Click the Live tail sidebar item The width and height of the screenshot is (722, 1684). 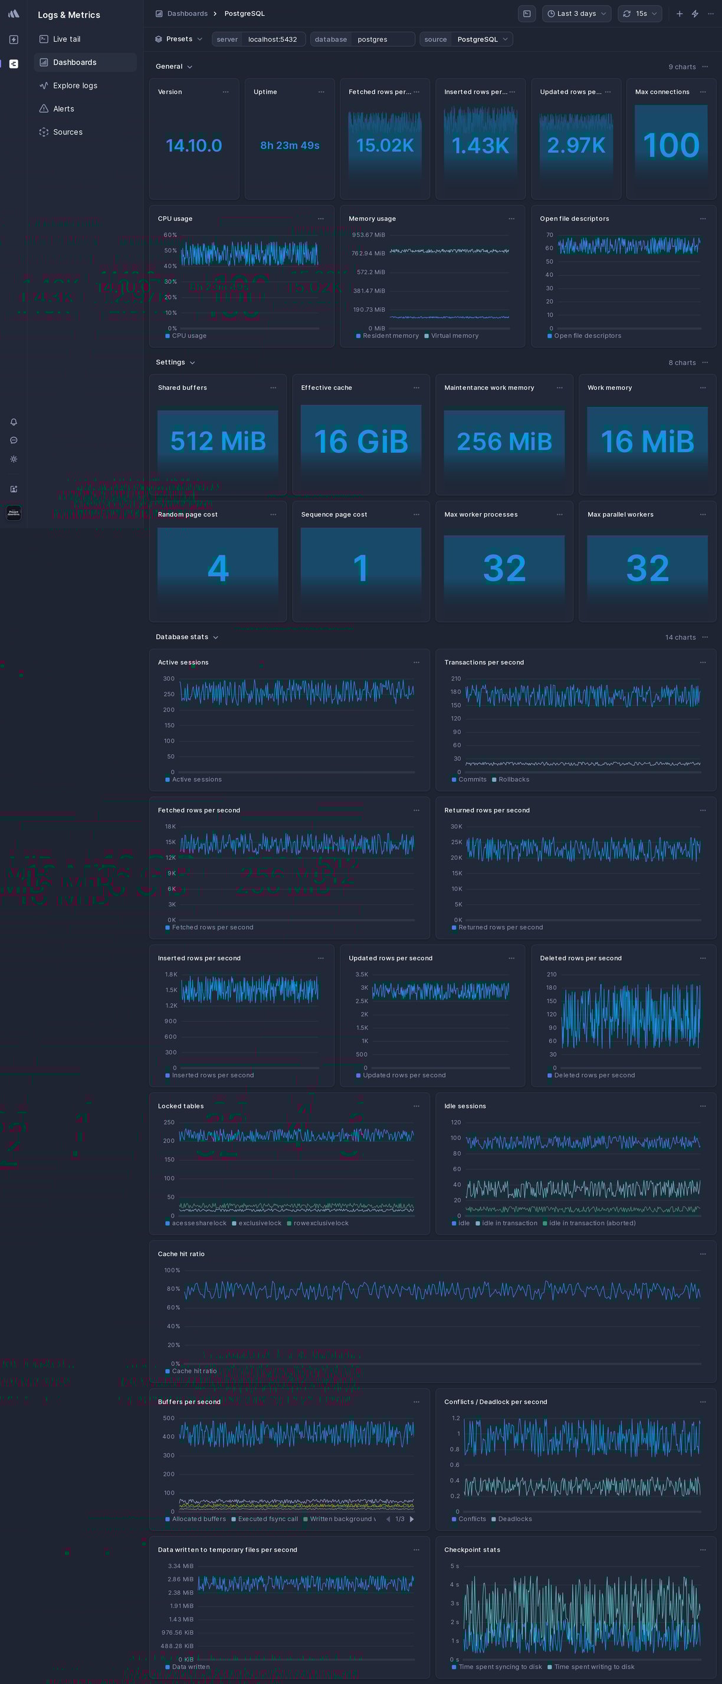(66, 40)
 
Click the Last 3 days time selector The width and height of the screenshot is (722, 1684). (576, 14)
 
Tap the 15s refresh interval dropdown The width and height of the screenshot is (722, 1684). (640, 14)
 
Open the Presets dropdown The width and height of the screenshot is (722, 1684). (179, 40)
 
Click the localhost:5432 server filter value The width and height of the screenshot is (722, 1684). (272, 40)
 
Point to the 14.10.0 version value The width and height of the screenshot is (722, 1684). (193, 145)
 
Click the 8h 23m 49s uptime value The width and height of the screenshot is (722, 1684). (290, 145)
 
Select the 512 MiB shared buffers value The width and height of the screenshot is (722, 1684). (218, 441)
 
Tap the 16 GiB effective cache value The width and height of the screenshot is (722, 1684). (361, 441)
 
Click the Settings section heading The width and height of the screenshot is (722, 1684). (170, 362)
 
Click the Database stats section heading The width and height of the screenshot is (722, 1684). (182, 637)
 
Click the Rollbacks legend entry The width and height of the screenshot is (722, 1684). (513, 779)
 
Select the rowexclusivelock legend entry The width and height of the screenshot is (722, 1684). (320, 1223)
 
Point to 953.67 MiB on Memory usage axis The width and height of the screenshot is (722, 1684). (368, 235)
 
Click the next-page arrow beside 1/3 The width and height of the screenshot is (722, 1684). (411, 1519)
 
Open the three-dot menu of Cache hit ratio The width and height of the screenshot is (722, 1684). (703, 1254)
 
